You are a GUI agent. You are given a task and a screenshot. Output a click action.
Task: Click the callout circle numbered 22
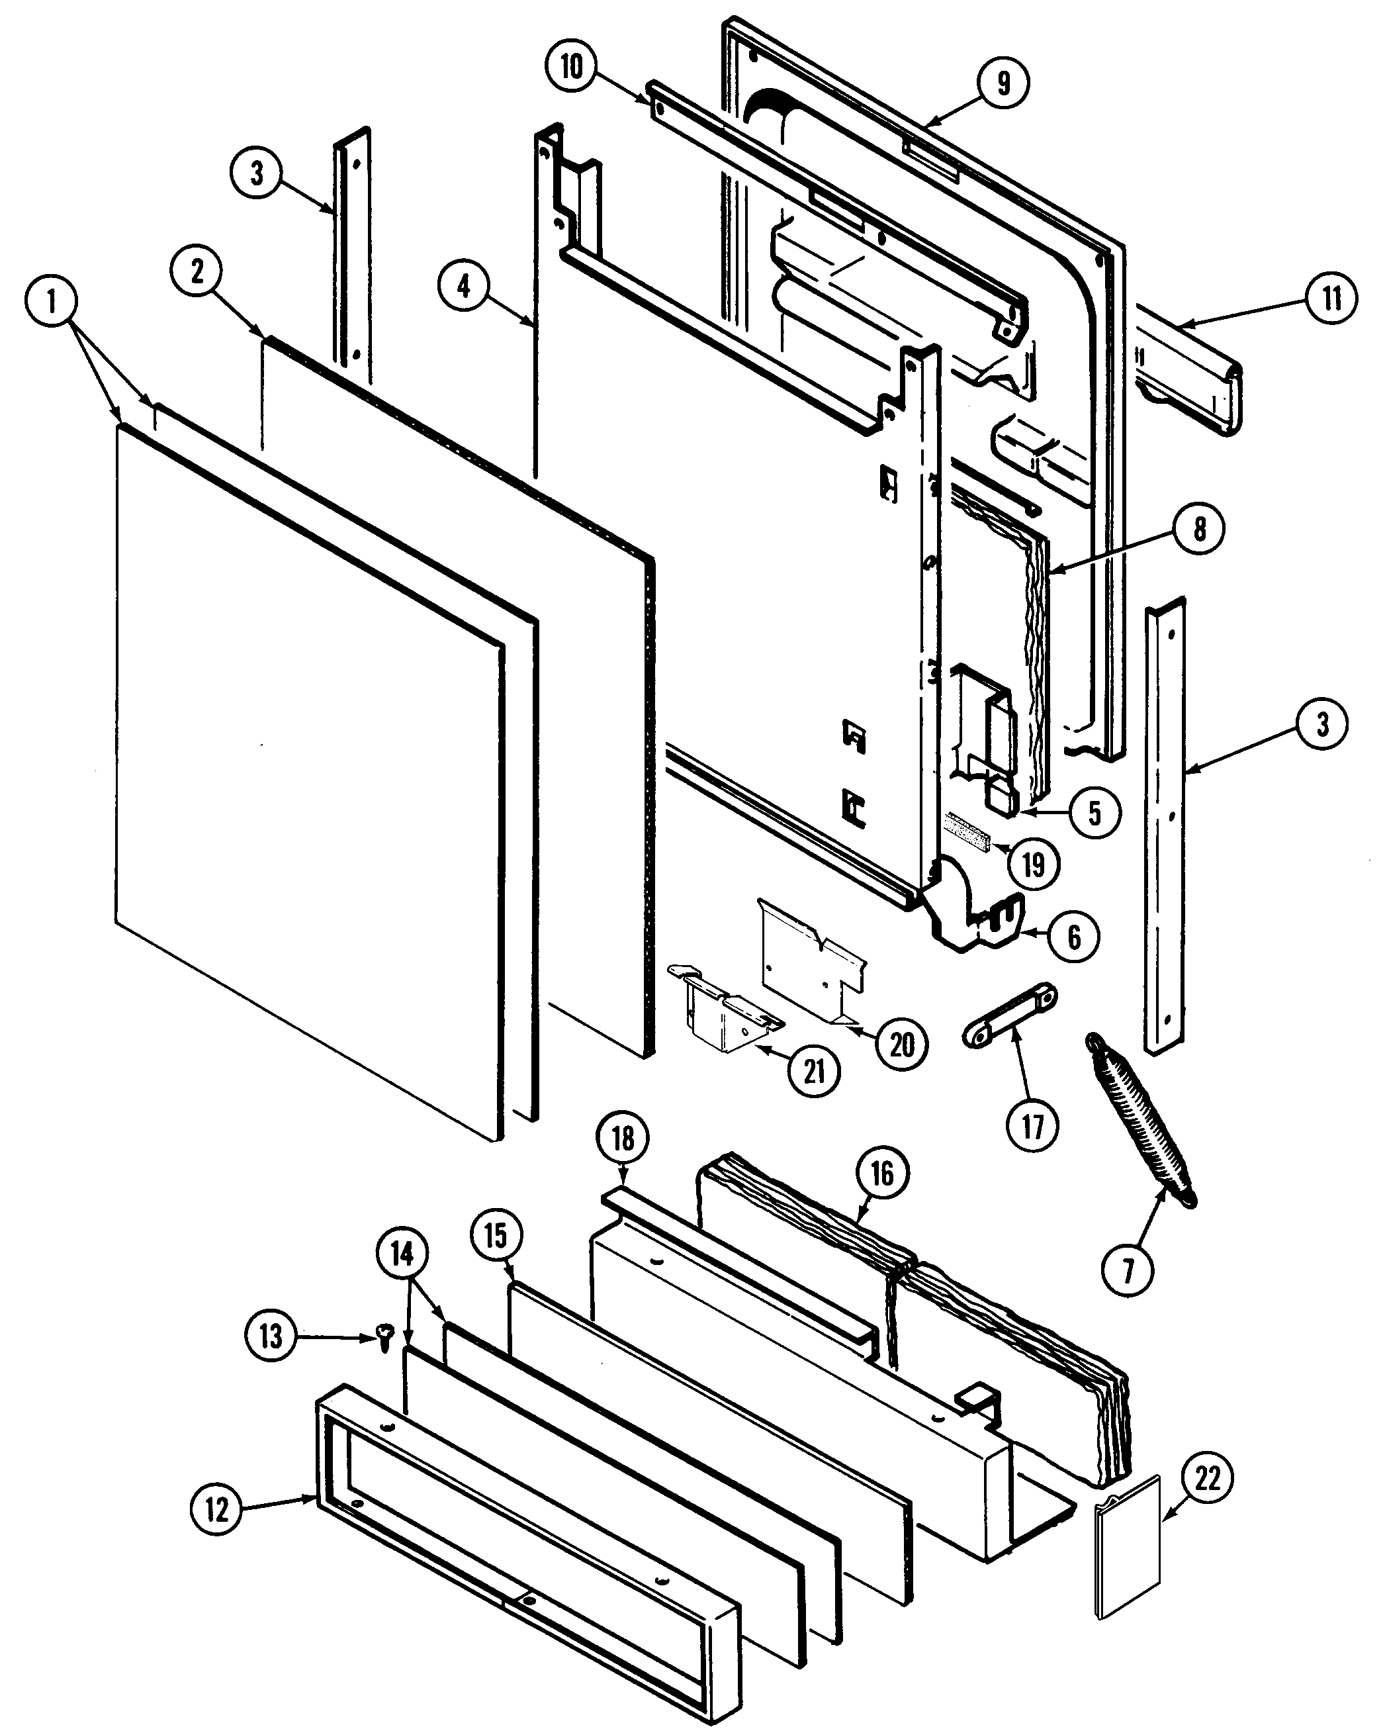(x=1207, y=1477)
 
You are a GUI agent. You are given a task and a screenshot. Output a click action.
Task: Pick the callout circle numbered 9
(x=1003, y=83)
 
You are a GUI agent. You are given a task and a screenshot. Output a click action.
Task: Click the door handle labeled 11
(x=1190, y=374)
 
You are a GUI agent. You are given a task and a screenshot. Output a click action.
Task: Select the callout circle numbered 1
(x=52, y=303)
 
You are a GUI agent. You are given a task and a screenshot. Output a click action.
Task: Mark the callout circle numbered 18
(x=623, y=1138)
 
